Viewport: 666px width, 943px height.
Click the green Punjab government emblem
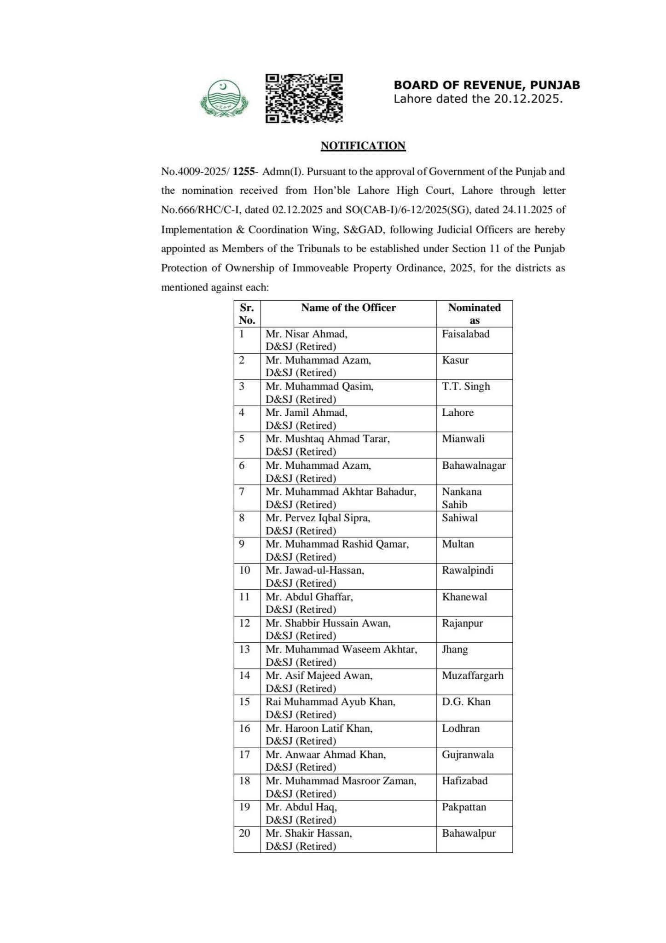click(224, 98)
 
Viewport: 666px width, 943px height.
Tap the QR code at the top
click(304, 98)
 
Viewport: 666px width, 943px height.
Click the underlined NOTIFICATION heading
click(363, 146)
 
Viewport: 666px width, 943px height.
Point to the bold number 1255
click(243, 172)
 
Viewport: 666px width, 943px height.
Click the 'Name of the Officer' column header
click(348, 308)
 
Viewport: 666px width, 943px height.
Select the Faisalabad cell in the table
click(466, 334)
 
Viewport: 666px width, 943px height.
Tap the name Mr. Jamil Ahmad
click(307, 413)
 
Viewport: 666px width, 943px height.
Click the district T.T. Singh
click(466, 386)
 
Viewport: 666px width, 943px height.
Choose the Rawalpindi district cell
click(468, 570)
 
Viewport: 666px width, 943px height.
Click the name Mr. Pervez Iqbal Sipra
click(318, 518)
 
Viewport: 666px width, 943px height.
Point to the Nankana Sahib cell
click(462, 498)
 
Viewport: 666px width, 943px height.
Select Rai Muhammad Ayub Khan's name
click(330, 702)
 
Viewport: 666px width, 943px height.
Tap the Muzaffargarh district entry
click(473, 675)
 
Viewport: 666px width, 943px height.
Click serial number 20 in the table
click(244, 833)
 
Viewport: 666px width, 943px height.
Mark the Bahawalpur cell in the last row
click(469, 833)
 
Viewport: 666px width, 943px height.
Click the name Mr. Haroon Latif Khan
click(319, 728)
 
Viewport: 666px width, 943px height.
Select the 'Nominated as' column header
click(474, 314)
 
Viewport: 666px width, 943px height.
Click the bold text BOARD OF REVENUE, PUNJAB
click(486, 85)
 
